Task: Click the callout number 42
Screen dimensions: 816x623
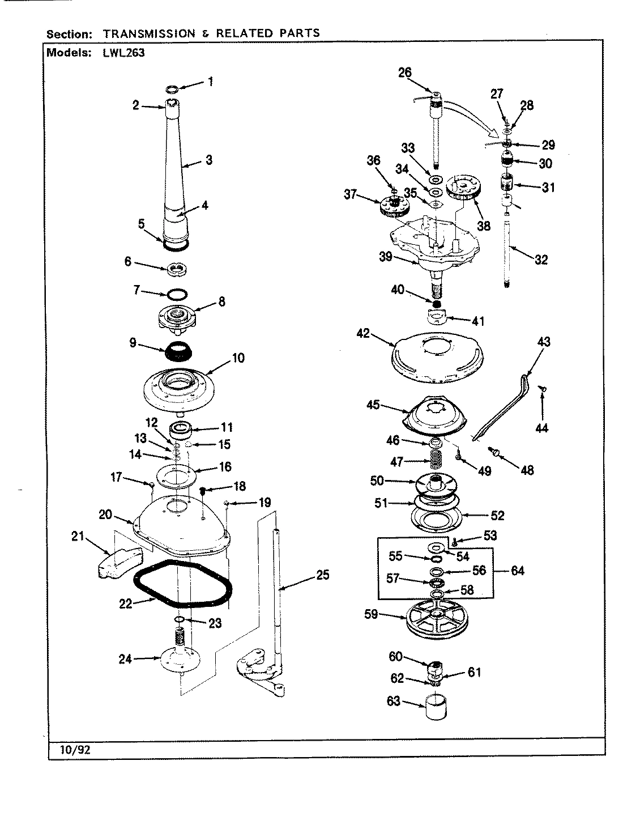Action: coord(362,333)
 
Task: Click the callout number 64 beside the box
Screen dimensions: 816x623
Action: coord(517,571)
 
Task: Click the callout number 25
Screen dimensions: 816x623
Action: coord(322,576)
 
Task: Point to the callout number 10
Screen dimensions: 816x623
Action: coord(238,358)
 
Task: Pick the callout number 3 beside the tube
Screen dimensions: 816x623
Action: coord(208,160)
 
